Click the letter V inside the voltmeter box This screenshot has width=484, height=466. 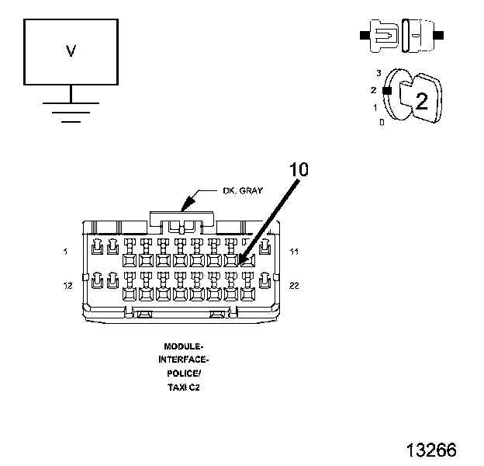[71, 51]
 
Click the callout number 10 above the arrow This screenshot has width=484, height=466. [299, 170]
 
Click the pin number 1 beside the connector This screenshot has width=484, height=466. [67, 252]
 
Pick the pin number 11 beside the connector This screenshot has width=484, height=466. [294, 252]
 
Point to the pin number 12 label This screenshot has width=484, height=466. [67, 286]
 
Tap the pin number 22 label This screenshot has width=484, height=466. [294, 286]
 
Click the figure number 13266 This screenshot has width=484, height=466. [430, 450]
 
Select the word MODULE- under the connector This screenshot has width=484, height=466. [183, 346]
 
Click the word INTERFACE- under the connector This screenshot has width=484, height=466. [183, 360]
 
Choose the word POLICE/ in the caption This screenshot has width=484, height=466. [183, 373]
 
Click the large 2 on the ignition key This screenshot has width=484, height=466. [421, 100]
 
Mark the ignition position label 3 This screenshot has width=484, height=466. [379, 73]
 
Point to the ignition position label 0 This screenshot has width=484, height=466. [381, 122]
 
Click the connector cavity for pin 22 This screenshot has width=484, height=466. [265, 281]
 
